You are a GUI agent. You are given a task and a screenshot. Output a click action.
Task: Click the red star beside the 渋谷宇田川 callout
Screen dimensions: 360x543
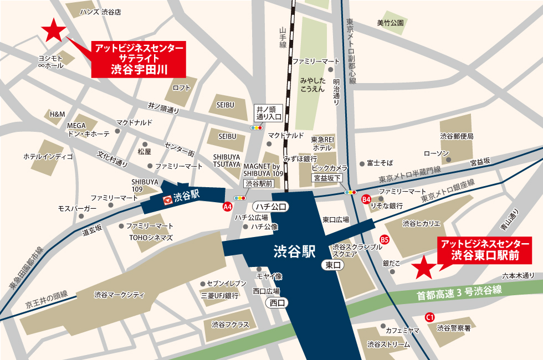(54, 31)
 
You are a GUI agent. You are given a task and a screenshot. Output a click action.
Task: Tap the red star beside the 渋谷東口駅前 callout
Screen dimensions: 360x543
(425, 268)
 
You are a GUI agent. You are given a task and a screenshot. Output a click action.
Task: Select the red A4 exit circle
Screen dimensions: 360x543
(227, 207)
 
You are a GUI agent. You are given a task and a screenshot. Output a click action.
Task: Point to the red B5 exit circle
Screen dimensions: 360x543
(385, 240)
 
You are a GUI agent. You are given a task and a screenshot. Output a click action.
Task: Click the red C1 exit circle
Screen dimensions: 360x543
(429, 317)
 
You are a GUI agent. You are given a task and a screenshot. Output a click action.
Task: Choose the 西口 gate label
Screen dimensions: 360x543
(276, 302)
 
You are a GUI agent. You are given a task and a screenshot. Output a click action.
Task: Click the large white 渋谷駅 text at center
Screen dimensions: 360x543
(294, 252)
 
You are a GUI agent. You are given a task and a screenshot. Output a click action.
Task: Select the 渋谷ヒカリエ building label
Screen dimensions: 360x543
(421, 224)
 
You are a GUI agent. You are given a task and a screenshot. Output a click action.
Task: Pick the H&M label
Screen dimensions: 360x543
(57, 114)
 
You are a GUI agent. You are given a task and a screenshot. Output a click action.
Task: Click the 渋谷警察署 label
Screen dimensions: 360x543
(453, 328)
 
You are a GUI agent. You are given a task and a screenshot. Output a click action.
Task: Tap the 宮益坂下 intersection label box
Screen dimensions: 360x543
(327, 178)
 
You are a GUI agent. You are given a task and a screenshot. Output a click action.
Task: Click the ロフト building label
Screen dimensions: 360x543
(181, 88)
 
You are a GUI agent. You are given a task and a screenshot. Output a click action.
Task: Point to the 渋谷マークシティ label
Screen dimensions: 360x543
(119, 294)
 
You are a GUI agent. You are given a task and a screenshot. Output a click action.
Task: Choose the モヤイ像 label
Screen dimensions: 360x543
(269, 276)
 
